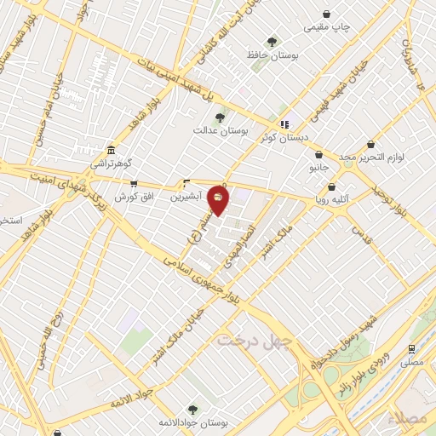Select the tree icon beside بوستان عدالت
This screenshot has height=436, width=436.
click(221, 118)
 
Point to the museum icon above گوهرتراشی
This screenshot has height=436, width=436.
click(112, 150)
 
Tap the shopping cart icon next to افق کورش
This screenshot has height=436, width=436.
click(134, 183)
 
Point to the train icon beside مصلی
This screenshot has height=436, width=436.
click(412, 348)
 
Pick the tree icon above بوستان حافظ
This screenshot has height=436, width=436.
click(272, 41)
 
